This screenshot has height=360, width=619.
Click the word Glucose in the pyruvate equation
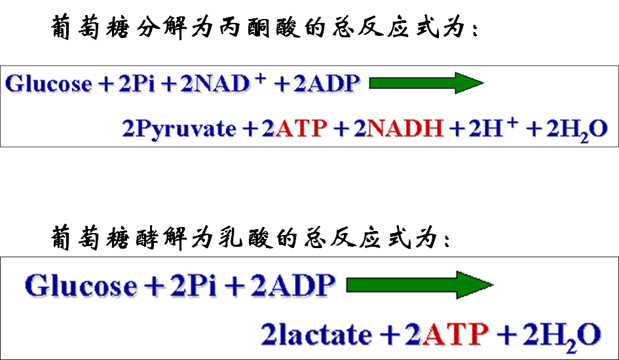(49, 84)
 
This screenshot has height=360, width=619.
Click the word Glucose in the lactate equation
(81, 286)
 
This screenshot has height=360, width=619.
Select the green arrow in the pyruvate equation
(426, 83)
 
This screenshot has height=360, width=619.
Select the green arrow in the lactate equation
(419, 285)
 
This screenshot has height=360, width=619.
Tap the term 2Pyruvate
(179, 128)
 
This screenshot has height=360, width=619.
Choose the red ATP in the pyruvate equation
(301, 128)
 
